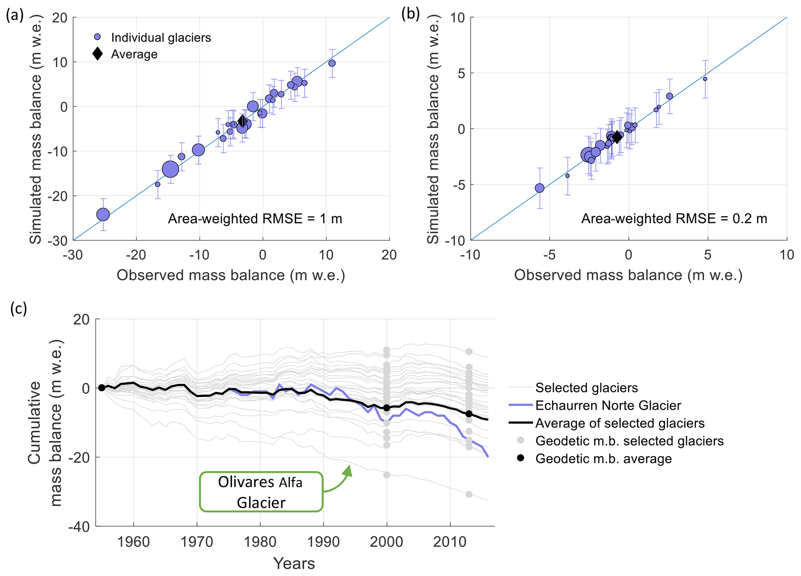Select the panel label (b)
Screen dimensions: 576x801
(410, 14)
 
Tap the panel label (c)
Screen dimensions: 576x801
(19, 309)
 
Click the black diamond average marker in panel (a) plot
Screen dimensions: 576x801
(242, 121)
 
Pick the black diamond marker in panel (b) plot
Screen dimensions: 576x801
(617, 137)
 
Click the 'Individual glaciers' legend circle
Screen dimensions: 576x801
(98, 37)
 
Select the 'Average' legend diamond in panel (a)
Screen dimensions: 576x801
(98, 54)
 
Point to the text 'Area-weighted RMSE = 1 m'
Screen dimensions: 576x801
(255, 219)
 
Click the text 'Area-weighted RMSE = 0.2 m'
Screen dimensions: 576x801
(674, 219)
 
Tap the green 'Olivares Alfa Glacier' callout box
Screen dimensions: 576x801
(261, 492)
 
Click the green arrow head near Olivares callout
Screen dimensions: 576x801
(348, 470)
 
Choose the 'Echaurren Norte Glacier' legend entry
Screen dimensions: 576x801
(608, 405)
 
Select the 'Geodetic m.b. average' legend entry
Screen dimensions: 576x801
(603, 459)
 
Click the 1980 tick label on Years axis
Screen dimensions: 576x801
(260, 542)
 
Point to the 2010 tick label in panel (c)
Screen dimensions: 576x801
(450, 542)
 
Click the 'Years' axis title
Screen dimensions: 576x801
(294, 564)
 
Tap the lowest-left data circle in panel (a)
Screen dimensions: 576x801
(103, 214)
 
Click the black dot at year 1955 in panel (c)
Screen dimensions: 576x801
(102, 387)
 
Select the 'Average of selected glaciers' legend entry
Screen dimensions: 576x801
(619, 423)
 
